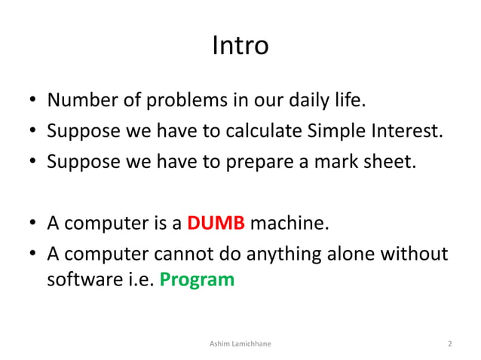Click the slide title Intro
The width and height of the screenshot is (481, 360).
tap(240, 46)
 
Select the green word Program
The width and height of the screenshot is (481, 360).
tap(197, 279)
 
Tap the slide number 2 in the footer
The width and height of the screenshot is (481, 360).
tap(449, 344)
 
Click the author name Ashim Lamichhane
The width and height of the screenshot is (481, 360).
tap(240, 344)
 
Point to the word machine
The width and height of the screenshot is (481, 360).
tap(289, 224)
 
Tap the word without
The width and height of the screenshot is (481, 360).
tap(415, 254)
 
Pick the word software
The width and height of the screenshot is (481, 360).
tap(78, 279)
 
